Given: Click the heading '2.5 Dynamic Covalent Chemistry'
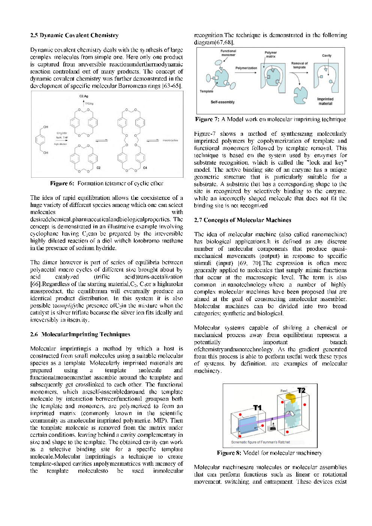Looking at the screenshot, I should tap(74, 35).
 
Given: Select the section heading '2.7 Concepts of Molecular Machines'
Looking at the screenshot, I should tap(242, 220).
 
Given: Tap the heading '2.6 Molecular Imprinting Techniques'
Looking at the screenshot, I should tap(80, 334).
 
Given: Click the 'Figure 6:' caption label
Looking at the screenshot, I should tap(62, 183).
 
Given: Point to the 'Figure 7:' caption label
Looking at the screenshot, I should tap(207, 119).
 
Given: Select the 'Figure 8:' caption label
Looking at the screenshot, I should tap(229, 453).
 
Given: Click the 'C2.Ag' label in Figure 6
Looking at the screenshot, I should tap(84, 96).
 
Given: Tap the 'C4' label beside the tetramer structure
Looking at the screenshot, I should tap(145, 168).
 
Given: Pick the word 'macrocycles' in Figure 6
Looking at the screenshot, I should tap(170, 140).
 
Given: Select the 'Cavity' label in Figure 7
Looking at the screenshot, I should tap(327, 55).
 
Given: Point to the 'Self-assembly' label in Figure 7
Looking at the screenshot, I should tap(222, 102).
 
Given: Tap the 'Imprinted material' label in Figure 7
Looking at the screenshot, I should tap(325, 101).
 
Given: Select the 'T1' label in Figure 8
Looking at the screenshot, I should tap(257, 408).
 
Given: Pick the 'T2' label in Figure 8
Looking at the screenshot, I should tap(301, 391).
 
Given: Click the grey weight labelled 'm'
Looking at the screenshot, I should tap(273, 427).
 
